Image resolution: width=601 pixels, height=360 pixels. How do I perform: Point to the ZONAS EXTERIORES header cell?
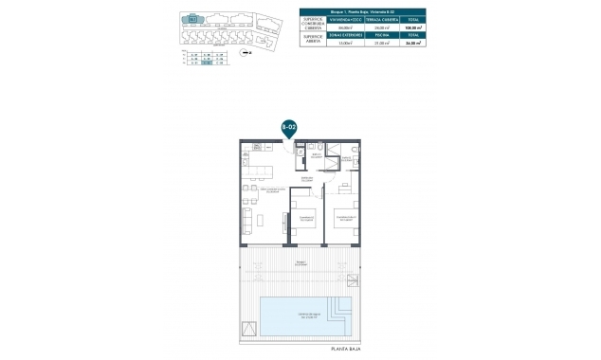pyautogui.click(x=346, y=35)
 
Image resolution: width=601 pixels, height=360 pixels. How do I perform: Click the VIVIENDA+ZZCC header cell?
pyautogui.click(x=346, y=19)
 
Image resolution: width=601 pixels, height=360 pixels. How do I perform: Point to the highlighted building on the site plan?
pyautogui.click(x=194, y=17)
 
